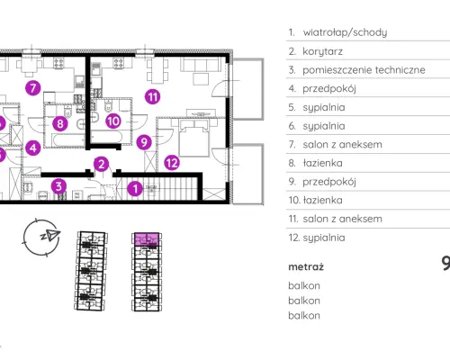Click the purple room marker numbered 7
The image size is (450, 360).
pyautogui.click(x=33, y=88)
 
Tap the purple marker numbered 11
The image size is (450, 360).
pyautogui.click(x=152, y=96)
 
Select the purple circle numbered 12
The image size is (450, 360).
pyautogui.click(x=172, y=163)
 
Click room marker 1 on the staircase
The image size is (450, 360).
pyautogui.click(x=135, y=189)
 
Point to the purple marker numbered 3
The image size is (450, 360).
pyautogui.click(x=58, y=186)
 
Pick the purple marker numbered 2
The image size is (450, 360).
pyautogui.click(x=102, y=164)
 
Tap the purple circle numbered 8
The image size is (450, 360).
pyautogui.click(x=60, y=123)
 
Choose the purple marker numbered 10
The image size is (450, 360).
pyautogui.click(x=113, y=121)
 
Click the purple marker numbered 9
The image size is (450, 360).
pyautogui.click(x=144, y=142)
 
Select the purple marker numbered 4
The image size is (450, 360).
pyautogui.click(x=33, y=148)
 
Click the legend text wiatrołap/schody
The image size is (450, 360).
pyautogui.click(x=345, y=32)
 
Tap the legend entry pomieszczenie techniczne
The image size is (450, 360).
pyautogui.click(x=364, y=70)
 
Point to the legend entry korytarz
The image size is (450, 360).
pyautogui.click(x=322, y=51)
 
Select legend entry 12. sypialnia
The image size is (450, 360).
pyautogui.click(x=317, y=238)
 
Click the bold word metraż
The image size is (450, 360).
pyautogui.click(x=306, y=266)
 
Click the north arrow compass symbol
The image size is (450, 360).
pyautogui.click(x=42, y=237)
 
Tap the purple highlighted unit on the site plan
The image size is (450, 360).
pyautogui.click(x=147, y=239)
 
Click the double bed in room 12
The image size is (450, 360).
pyautogui.click(x=193, y=138)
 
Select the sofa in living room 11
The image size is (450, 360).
pyautogui.click(x=199, y=65)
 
